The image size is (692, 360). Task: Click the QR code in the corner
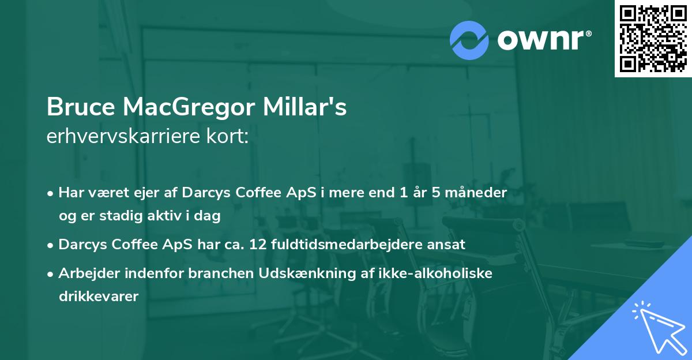[x=653, y=39]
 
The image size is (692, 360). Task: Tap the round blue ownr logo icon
[x=469, y=40]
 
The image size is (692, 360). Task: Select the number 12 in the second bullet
[x=258, y=245]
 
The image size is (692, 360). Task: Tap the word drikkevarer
[x=98, y=297]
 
